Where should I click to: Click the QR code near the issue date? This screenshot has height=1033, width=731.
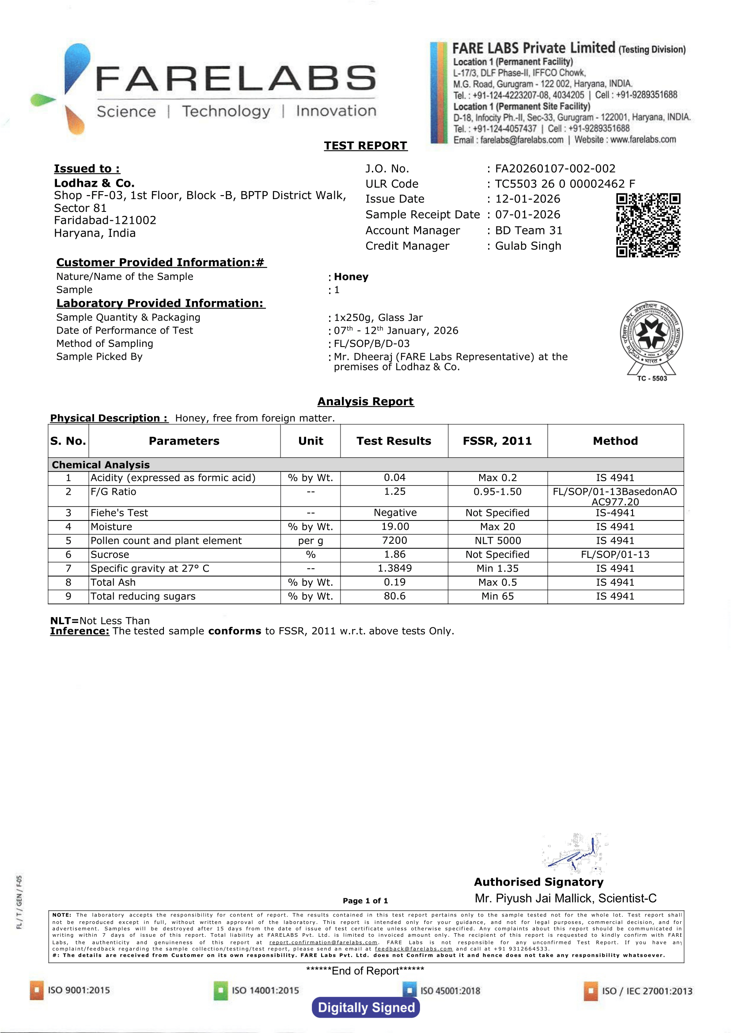[648, 225]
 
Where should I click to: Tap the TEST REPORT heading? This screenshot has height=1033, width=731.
[366, 146]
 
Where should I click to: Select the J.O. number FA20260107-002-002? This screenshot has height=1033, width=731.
[555, 169]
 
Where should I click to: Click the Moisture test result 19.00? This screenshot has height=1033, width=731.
[394, 527]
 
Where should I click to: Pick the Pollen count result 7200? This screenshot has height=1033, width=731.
[394, 541]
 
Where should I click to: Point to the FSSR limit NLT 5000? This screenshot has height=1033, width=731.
[497, 541]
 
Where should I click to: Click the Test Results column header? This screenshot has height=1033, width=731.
[394, 441]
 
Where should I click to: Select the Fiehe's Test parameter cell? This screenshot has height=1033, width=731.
[120, 513]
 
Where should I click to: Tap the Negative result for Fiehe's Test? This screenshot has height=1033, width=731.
[395, 513]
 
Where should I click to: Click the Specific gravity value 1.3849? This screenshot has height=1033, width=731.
[394, 569]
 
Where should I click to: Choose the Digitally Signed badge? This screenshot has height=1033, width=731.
[366, 1008]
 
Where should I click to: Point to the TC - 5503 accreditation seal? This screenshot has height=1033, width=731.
[651, 339]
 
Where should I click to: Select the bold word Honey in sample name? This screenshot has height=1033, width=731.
[351, 277]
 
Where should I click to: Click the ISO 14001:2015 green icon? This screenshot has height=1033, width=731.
[220, 991]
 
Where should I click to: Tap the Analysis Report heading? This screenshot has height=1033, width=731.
[366, 402]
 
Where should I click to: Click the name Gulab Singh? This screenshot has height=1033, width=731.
[528, 246]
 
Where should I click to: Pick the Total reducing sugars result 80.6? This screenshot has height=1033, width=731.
[394, 596]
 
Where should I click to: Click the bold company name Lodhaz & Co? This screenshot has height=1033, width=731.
[94, 183]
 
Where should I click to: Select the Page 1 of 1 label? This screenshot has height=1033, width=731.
[365, 901]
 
